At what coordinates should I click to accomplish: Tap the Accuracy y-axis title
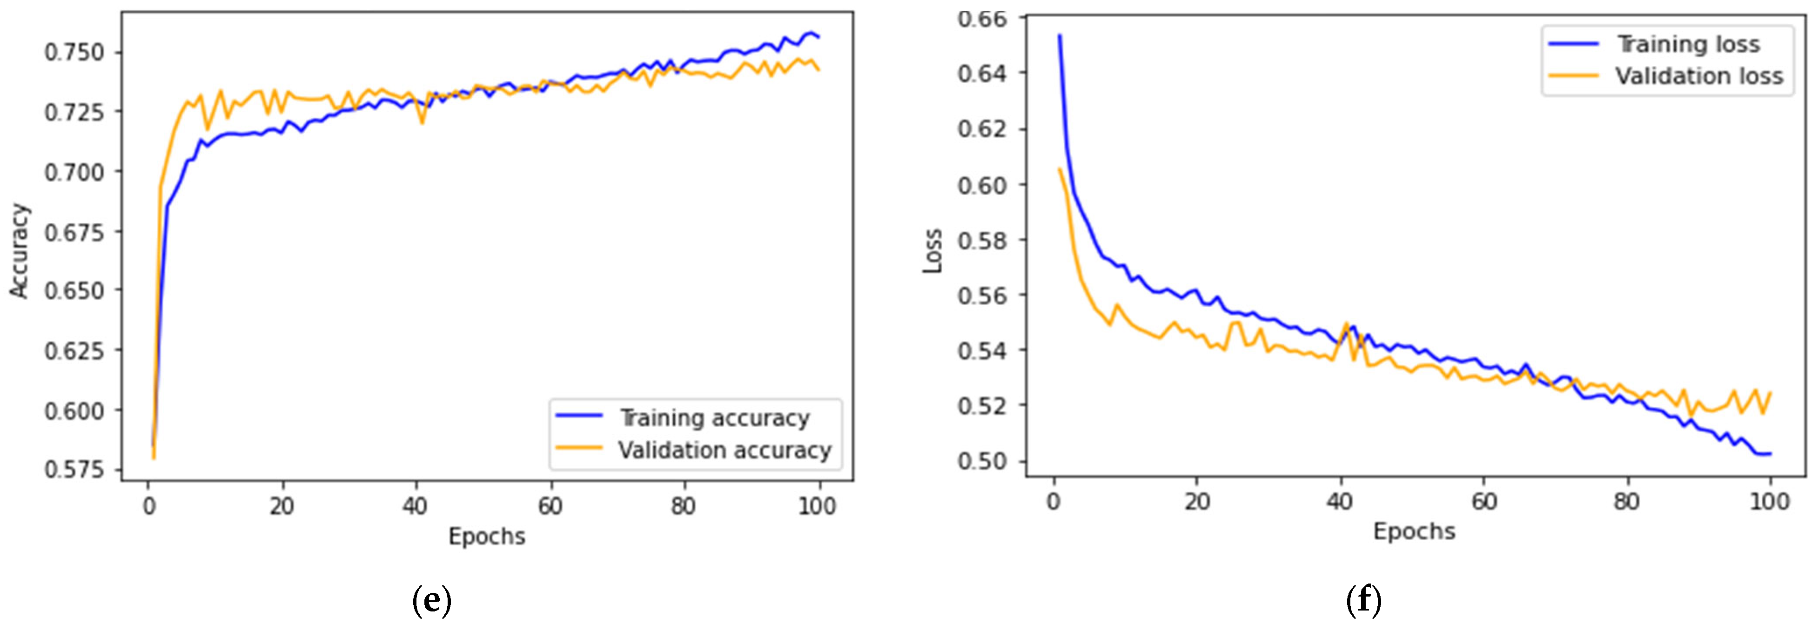[x=20, y=250]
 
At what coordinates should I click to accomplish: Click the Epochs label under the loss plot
[x=1414, y=531]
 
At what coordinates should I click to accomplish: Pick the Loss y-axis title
[x=933, y=250]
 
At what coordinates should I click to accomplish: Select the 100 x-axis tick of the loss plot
[x=1769, y=502]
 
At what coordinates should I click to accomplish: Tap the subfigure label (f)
[x=1363, y=601]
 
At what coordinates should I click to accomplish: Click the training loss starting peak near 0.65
[x=1060, y=36]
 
